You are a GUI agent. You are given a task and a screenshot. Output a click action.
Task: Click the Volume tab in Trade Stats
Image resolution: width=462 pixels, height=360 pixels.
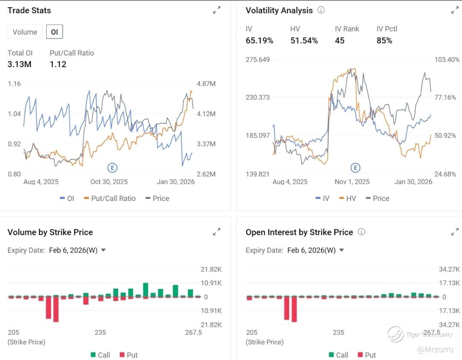coord(25,32)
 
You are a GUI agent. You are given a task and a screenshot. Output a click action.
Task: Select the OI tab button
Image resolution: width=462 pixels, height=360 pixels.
coord(54,32)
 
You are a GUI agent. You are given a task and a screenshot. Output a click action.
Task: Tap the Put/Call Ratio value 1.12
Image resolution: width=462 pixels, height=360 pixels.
coord(58,64)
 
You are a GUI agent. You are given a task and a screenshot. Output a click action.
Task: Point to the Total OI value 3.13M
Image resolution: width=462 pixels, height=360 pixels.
coord(19,64)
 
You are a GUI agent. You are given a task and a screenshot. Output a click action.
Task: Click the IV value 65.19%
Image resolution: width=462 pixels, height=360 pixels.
coord(259,41)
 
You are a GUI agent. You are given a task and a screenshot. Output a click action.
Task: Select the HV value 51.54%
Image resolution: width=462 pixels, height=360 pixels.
coord(304,41)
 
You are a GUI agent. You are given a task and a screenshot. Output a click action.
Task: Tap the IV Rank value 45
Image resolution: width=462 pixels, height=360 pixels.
coord(340,41)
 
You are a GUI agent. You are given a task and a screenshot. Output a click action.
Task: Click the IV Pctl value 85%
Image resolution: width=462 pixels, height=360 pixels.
coord(384,41)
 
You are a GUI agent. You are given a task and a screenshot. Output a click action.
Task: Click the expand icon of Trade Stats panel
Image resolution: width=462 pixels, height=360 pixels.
coord(217,10)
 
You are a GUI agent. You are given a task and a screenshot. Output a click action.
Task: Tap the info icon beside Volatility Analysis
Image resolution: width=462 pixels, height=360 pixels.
coord(321,10)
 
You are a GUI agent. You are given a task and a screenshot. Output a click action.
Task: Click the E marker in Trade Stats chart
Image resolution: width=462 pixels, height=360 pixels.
coord(112,168)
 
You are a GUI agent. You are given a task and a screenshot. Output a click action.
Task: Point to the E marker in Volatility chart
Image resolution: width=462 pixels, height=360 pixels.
coord(355,168)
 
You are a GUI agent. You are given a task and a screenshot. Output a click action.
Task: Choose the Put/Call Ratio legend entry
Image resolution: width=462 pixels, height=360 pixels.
coord(110,198)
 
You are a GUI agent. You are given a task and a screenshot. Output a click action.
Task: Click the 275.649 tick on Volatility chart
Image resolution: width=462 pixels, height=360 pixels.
coord(258,59)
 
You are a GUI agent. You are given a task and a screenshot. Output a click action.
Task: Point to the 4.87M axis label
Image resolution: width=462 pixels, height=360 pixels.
coord(206,83)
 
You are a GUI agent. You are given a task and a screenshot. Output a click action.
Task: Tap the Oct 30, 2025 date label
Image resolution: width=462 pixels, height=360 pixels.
coord(107,182)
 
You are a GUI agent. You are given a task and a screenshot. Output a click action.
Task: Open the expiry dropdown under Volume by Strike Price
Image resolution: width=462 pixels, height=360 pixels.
coord(103,250)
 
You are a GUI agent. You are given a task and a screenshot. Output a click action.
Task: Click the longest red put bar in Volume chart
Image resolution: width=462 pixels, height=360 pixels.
coord(56,309)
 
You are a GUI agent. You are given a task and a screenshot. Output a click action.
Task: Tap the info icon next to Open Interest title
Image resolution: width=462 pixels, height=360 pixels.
coord(361,232)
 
